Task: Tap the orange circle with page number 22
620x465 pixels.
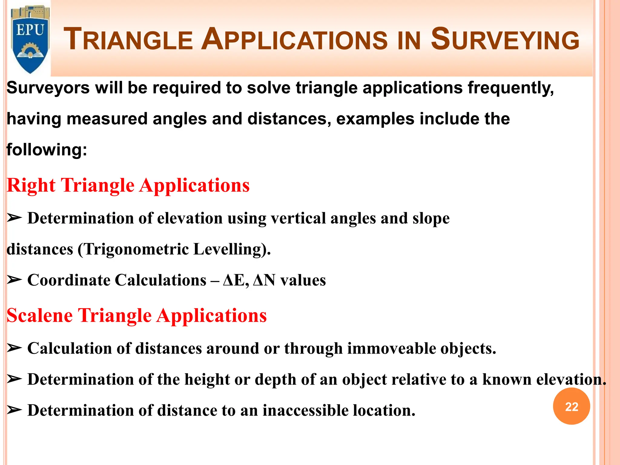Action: (x=571, y=406)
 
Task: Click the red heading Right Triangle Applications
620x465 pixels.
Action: (x=128, y=185)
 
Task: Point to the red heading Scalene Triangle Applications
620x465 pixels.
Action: (x=137, y=315)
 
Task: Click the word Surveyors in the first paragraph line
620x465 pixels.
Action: (x=48, y=88)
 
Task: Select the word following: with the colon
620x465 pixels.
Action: (x=47, y=150)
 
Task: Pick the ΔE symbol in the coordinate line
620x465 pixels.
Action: (x=235, y=280)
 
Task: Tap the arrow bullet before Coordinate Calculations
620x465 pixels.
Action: (x=14, y=280)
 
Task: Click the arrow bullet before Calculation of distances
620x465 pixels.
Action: (x=14, y=348)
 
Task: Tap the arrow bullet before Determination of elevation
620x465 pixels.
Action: (x=14, y=218)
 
